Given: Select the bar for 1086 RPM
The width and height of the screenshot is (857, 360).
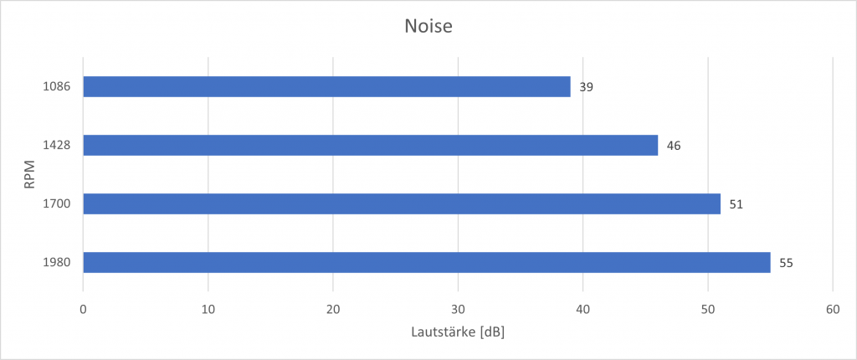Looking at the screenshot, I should point(326,87).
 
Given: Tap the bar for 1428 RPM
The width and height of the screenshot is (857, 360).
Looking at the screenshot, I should point(370,146).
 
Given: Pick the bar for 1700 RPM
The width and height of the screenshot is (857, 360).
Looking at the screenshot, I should point(402,204).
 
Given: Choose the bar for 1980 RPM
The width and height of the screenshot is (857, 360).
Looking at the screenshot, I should point(427,263).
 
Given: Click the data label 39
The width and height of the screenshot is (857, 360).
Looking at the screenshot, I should point(587,87).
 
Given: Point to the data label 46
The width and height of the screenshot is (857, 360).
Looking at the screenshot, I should point(674,146).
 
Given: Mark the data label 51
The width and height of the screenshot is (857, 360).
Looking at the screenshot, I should point(736,204).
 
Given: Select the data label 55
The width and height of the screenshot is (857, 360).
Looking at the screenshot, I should point(786,263).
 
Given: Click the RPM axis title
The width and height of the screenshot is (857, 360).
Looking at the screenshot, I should point(29,175).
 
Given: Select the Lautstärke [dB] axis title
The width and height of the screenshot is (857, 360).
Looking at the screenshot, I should point(458,332).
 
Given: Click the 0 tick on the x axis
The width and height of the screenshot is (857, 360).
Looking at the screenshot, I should point(83,309).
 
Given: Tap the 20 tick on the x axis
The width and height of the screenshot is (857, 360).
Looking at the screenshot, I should point(333,309).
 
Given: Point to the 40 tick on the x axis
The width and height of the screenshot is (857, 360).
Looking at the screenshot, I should point(583,309).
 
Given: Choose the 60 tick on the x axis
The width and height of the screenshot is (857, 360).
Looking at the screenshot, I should point(833,309).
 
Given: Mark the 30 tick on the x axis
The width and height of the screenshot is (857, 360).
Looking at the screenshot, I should point(458,309).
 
